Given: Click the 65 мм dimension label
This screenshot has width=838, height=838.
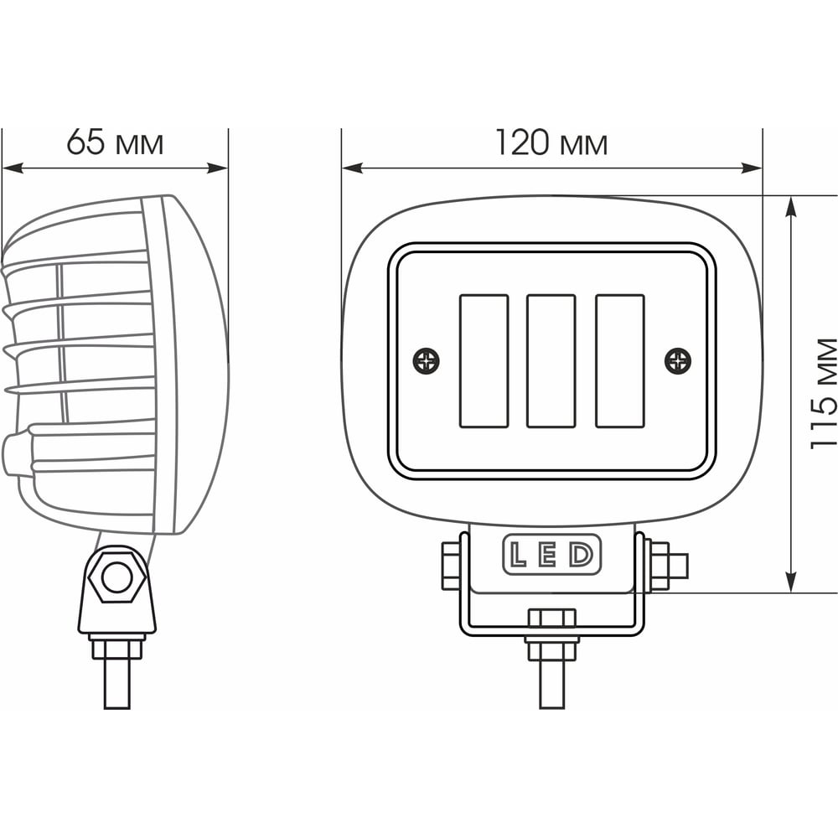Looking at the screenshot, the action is pos(115,142).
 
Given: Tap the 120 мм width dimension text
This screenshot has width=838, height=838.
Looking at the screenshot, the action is pos(551,142).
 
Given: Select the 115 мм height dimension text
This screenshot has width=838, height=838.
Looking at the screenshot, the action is pos(823,393).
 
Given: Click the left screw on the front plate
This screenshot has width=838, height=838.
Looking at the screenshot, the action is pos(427,361).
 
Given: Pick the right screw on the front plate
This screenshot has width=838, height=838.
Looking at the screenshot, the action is pos(678,361).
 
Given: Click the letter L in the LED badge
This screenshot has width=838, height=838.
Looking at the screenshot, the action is pos(518,554).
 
